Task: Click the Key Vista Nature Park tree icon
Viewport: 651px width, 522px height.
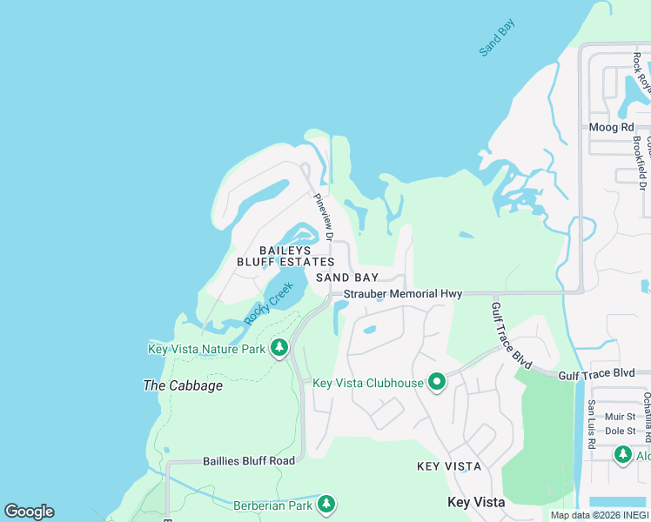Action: [279, 349]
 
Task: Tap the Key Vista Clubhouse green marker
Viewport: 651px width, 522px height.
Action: [437, 382]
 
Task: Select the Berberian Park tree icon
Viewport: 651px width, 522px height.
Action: [326, 504]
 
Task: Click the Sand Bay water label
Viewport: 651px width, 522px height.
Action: [497, 38]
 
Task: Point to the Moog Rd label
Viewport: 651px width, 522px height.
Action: [611, 127]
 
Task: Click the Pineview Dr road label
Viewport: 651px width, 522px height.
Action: [323, 217]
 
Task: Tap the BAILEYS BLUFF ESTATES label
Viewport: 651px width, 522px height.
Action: [285, 256]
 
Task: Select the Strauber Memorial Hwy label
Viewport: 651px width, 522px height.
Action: [402, 294]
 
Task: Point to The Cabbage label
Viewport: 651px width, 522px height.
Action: [183, 385]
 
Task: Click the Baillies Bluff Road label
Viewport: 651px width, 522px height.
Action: [248, 460]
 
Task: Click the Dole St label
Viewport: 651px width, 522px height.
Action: [622, 431]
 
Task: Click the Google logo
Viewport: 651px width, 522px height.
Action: [29, 512]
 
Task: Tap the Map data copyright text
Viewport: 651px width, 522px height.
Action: [599, 515]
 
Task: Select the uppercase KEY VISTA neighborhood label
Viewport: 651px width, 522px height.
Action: [449, 466]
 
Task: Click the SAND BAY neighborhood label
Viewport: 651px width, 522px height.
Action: [347, 278]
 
